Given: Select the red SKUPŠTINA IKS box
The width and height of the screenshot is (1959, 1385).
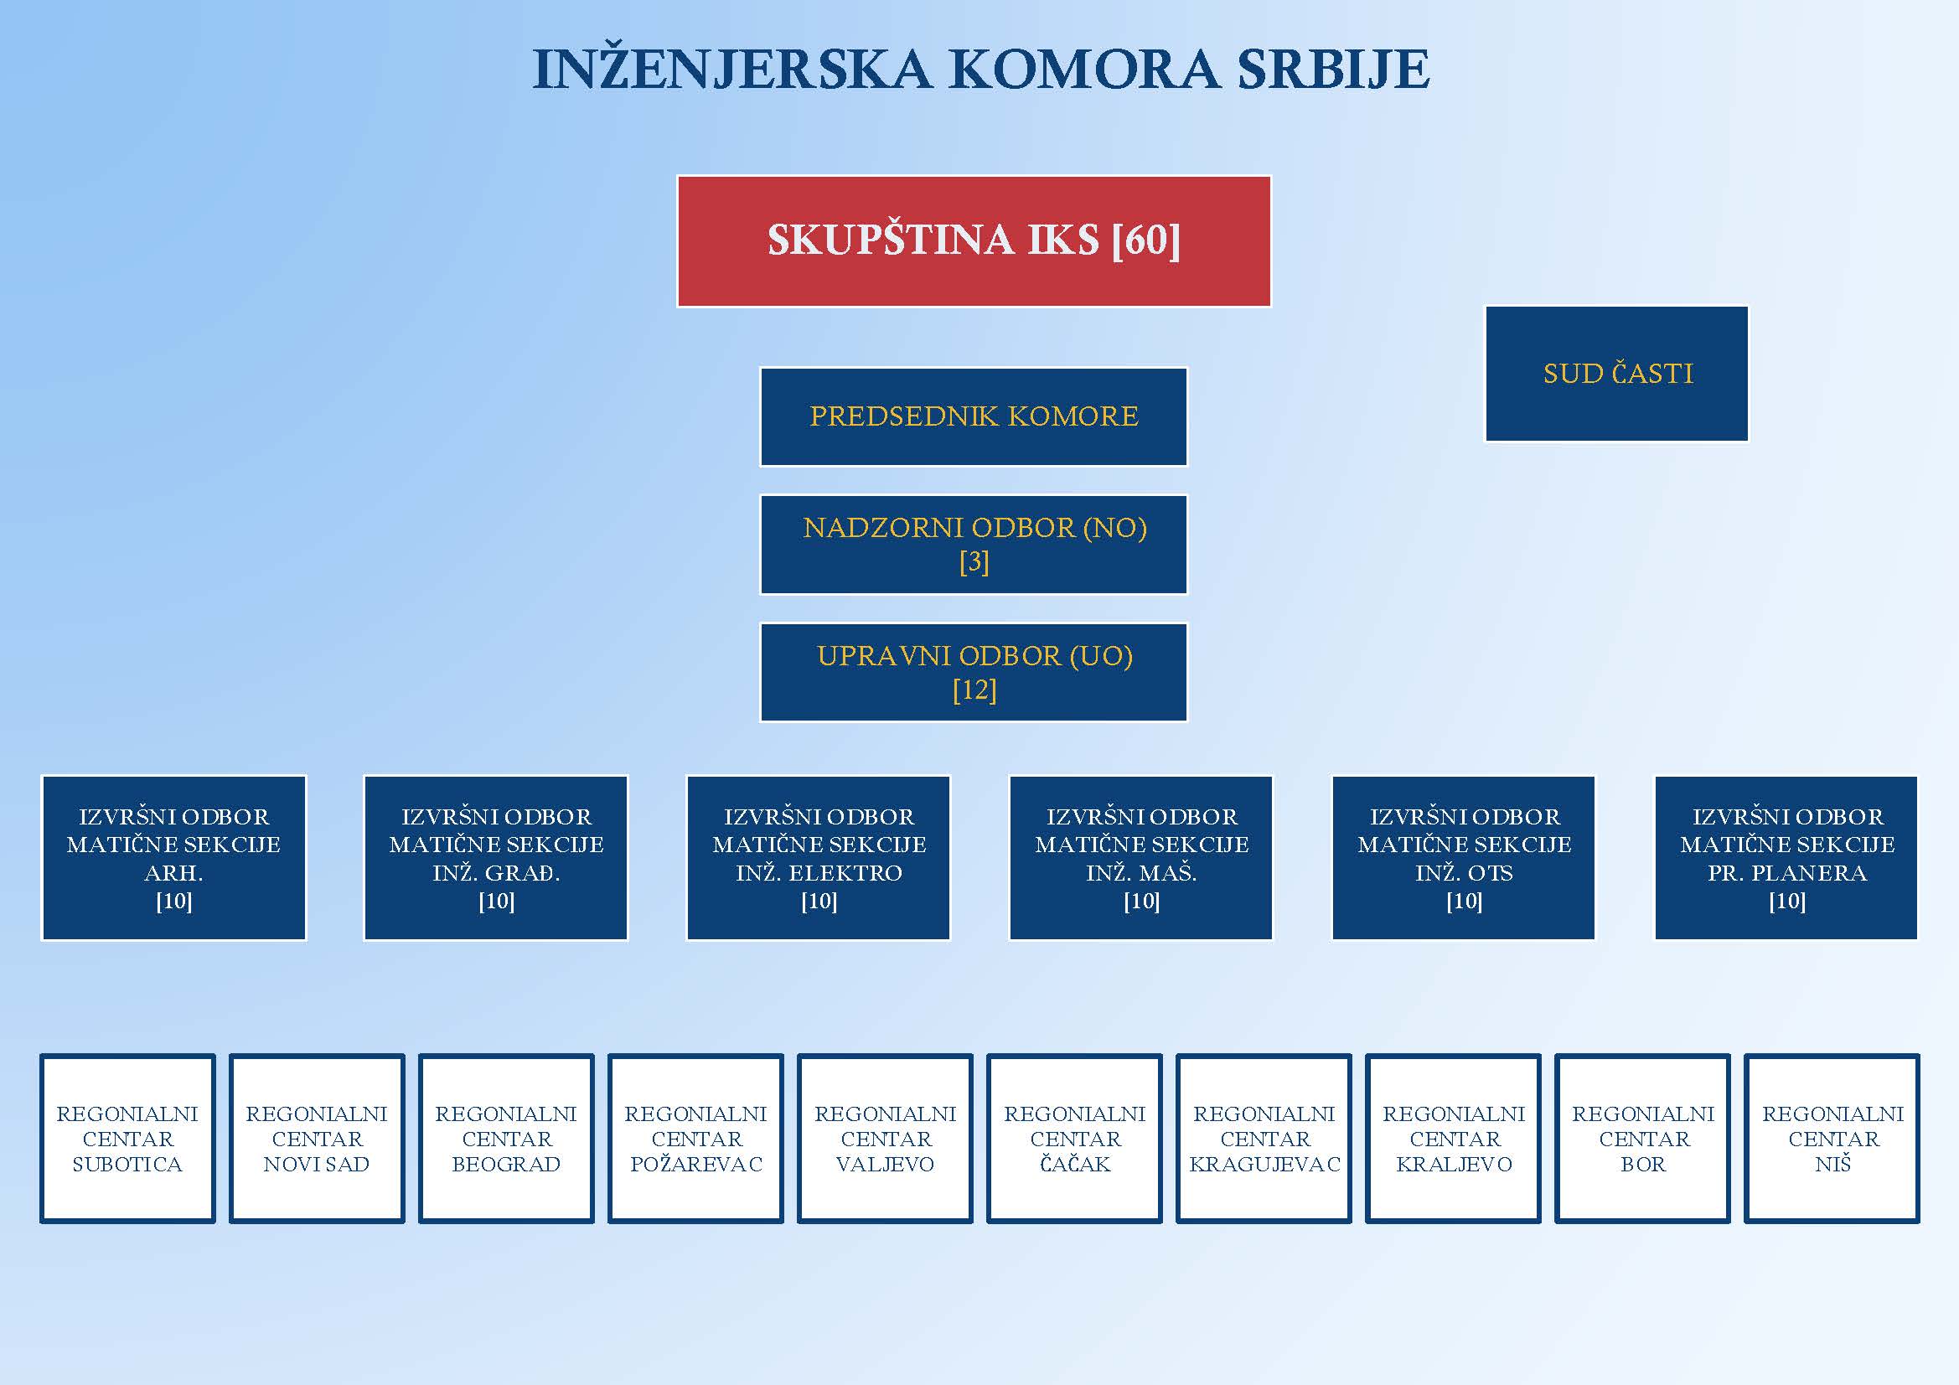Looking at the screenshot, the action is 974,240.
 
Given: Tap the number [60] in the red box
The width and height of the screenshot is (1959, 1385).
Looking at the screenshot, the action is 1146,240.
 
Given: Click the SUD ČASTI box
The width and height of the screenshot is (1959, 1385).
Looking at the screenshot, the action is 1617,374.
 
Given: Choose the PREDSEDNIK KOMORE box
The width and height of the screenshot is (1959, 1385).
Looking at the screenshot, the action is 974,416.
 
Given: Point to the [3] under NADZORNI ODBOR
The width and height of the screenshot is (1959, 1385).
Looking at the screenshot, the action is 974,562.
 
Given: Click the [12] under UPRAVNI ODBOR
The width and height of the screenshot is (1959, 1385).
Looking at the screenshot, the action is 974,690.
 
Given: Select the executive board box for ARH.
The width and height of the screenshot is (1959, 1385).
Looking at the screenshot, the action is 173,858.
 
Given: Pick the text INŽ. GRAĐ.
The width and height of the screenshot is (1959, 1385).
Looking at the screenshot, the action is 496,873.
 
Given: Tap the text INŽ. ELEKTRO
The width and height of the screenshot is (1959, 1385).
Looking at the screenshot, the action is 819,873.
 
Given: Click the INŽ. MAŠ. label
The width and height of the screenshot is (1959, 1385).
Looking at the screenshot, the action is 1140,873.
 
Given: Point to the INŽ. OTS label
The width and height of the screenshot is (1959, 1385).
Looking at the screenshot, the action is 1463,873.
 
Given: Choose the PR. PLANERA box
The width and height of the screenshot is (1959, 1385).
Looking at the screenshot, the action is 1786,858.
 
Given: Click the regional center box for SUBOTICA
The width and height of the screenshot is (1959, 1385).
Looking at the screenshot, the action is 127,1139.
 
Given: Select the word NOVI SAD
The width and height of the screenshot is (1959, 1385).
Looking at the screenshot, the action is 317,1164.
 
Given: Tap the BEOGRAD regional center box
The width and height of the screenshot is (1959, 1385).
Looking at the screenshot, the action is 506,1139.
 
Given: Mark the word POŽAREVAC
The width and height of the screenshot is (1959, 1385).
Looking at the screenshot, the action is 696,1164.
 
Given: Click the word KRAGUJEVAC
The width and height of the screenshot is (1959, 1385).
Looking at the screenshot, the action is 1264,1164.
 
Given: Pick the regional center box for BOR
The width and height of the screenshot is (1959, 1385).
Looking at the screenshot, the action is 1642,1139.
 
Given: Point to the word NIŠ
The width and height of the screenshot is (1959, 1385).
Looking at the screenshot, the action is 1832,1164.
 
